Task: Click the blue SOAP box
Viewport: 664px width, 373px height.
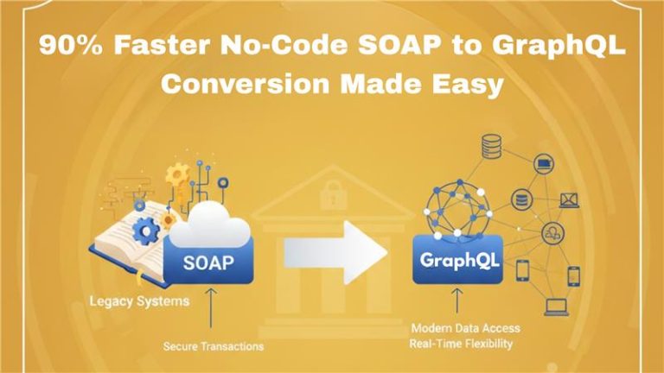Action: (207, 262)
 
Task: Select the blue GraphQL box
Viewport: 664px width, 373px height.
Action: (450, 260)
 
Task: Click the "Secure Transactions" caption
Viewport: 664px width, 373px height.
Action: (213, 346)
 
